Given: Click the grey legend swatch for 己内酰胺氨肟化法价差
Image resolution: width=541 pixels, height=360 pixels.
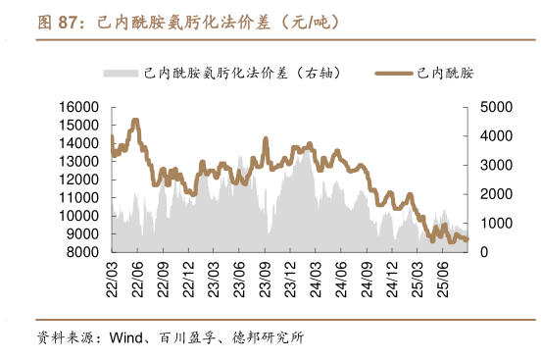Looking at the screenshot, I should click(121, 74).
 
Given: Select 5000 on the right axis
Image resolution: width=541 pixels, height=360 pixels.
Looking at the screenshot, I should click(495, 106).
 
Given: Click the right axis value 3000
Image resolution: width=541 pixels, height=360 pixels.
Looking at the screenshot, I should click(495, 165).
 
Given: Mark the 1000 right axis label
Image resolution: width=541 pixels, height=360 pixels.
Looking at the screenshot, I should click(495, 224).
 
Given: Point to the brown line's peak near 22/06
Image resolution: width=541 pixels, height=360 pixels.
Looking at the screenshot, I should click(135, 121).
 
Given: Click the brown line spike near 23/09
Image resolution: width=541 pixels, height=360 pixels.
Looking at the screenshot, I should click(265, 139).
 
